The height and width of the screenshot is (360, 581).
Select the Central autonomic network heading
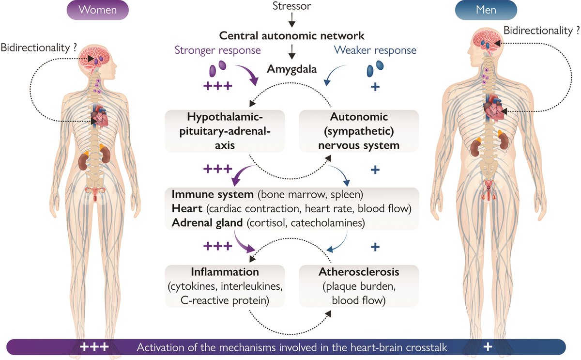(291, 36)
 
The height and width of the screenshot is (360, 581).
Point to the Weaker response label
(375, 50)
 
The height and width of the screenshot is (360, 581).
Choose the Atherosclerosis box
(358, 286)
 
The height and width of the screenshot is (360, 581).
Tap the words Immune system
(213, 194)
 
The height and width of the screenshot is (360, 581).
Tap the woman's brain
(96, 58)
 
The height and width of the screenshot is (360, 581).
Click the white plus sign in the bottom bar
(488, 347)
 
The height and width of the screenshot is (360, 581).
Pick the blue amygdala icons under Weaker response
(375, 68)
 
